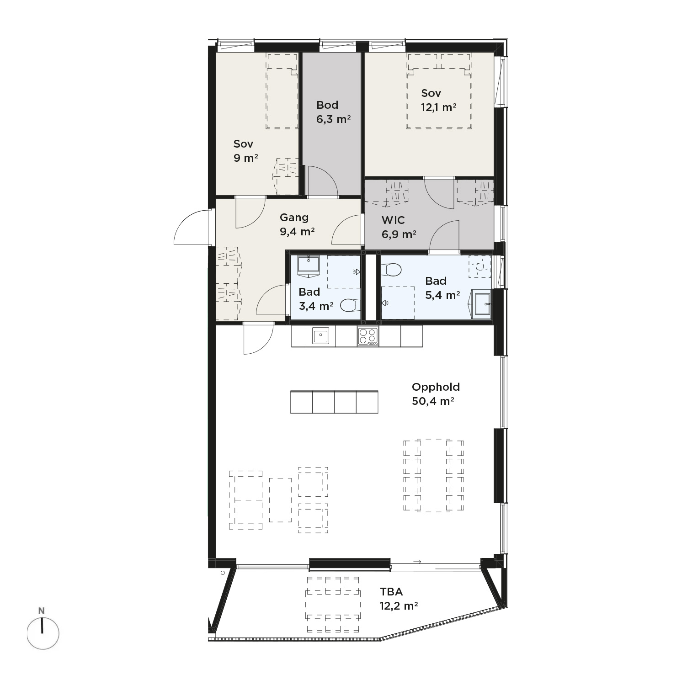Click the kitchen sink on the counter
[320, 336]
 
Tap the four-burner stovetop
[368, 336]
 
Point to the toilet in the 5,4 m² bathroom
[391, 270]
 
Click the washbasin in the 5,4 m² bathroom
[481, 304]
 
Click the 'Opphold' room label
[436, 387]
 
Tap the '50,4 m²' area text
[433, 401]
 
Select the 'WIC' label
[393, 220]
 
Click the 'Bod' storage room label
[327, 105]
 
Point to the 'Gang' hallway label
[294, 218]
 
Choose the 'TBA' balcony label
[391, 592]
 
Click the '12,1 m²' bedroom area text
[438, 107]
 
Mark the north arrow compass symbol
[43, 629]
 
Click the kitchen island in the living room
[334, 402]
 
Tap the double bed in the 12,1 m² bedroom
[439, 91]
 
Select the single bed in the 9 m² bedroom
[282, 91]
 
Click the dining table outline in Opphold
[433, 475]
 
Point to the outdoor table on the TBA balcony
[333, 604]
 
